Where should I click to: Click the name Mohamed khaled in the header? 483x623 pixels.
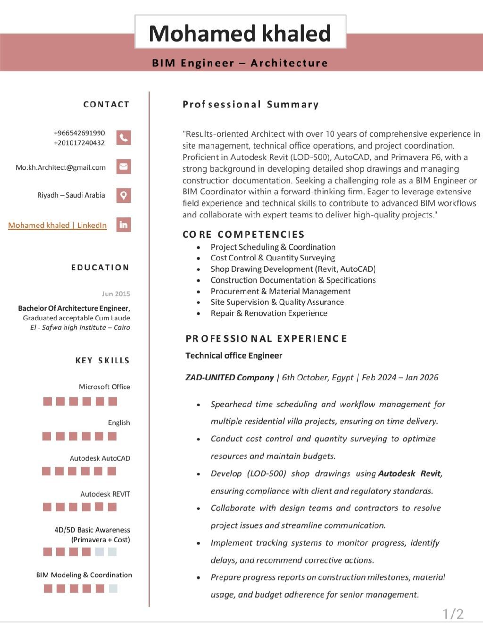pos(240,33)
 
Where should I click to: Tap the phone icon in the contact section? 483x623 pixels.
pos(124,137)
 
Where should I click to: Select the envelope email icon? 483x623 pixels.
pos(124,166)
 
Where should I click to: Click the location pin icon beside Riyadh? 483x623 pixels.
pos(124,195)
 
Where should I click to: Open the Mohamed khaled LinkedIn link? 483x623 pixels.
pos(58,225)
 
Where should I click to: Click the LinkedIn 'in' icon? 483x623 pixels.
pos(124,224)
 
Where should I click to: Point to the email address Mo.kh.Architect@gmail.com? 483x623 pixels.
pos(60,167)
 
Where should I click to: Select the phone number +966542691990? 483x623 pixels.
pos(79,133)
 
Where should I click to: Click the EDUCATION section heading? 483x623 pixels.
pos(100,267)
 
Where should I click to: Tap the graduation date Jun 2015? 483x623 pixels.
pos(116,294)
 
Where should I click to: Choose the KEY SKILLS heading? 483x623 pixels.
pos(102,360)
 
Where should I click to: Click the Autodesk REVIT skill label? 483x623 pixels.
pos(105,494)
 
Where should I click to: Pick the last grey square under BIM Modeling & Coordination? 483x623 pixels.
pos(113,588)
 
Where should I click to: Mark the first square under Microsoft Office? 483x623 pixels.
pos(48,401)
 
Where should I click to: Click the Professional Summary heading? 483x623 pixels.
pos(250,104)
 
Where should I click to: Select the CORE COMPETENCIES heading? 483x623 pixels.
pos(243,234)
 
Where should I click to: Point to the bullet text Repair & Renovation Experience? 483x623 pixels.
pos(269,313)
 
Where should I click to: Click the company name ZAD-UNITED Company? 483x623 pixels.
pos(230,377)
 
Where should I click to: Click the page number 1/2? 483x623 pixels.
pos(453,614)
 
